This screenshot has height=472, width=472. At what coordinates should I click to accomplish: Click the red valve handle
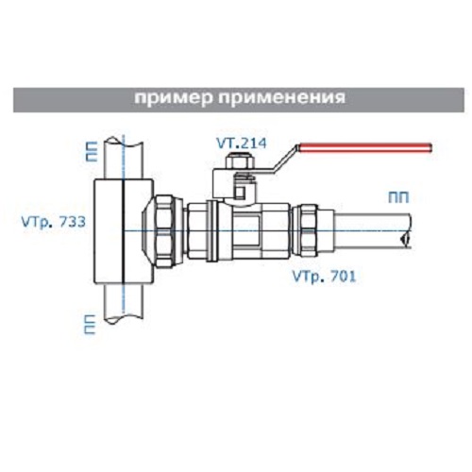(366, 148)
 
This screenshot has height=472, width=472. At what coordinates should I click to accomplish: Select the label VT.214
(242, 143)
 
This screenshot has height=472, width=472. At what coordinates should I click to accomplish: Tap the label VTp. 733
(54, 223)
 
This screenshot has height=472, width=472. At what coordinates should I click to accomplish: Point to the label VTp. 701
(325, 277)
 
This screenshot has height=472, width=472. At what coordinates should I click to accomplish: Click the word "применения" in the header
(282, 98)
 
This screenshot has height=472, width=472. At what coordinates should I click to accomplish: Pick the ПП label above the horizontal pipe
(398, 197)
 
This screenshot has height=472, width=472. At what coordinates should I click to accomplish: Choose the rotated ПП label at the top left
(92, 151)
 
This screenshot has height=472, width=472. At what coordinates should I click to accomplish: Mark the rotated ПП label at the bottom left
(90, 325)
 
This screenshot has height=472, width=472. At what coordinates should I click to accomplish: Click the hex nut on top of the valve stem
(239, 161)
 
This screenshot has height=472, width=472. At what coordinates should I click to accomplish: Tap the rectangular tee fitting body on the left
(124, 230)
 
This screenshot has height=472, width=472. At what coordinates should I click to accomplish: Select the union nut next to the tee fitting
(163, 231)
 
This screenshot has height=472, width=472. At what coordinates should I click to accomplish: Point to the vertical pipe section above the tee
(124, 159)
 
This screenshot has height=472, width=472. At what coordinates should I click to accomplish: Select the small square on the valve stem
(241, 192)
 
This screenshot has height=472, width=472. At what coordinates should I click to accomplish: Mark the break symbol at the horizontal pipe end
(405, 239)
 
